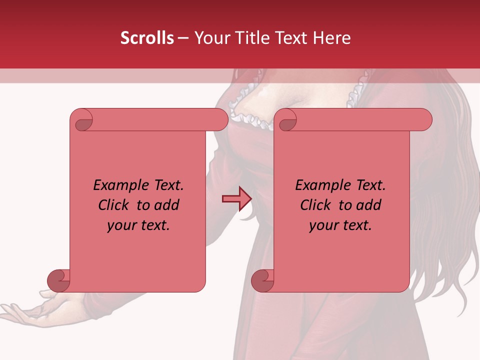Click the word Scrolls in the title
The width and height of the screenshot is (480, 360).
tap(147, 38)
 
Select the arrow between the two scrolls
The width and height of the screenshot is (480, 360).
tap(237, 199)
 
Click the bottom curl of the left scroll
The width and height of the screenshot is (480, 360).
tap(59, 280)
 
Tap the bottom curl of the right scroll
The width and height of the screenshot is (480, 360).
tap(262, 280)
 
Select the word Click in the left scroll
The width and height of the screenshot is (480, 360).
tap(113, 205)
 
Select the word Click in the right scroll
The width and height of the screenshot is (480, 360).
tap(315, 205)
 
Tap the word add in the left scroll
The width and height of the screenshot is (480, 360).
tap(167, 205)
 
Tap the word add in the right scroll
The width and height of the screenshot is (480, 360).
tap(369, 205)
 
